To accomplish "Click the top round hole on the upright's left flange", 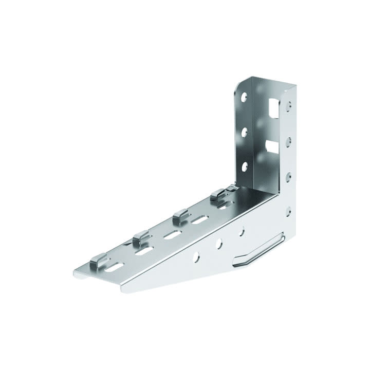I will click(245, 96).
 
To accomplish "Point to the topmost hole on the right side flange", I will click(289, 105).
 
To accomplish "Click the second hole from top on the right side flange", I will click(289, 139).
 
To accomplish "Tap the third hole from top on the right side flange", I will click(288, 175).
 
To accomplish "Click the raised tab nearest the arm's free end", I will click(98, 264).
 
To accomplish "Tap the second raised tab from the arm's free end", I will click(140, 238).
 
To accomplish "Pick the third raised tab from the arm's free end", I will click(180, 216).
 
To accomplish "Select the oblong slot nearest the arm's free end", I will click(115, 268).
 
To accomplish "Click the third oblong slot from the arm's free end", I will click(172, 235).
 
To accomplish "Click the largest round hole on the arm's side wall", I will click(197, 255).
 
